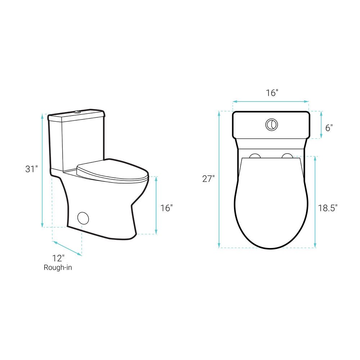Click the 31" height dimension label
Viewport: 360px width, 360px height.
click(31, 169)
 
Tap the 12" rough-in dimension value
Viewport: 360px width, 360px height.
click(58, 258)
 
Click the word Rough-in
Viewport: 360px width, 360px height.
click(58, 267)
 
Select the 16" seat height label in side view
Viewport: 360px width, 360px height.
click(166, 208)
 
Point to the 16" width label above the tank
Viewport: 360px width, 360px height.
click(272, 93)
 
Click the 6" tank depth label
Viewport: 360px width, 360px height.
click(329, 128)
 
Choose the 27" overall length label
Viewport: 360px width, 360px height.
click(208, 179)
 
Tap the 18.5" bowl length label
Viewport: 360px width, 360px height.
click(328, 208)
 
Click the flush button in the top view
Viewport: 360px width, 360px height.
click(271, 125)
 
